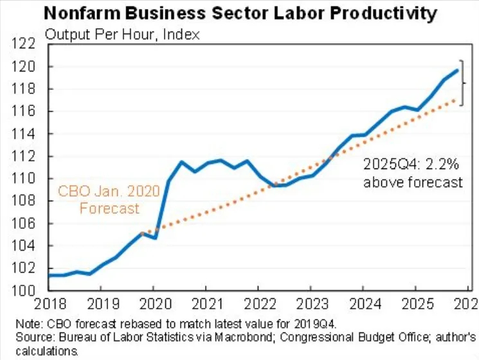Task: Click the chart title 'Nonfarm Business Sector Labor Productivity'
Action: tap(239, 12)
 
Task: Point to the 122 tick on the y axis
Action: tap(25, 44)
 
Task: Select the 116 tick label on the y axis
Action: tap(25, 111)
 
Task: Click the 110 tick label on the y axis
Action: tap(25, 179)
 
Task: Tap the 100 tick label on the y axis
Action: tap(25, 291)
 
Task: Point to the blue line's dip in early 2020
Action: tap(155, 238)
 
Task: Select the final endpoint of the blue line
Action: tap(457, 70)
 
